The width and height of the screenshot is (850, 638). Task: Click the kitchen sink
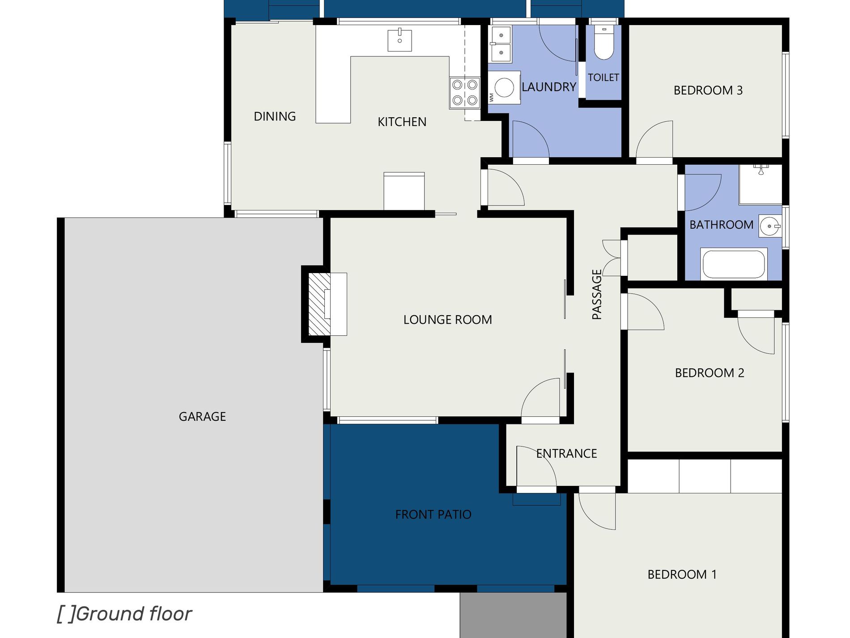click(399, 40)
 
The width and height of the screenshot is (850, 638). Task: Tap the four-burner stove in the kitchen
click(464, 93)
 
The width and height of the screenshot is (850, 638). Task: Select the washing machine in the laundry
click(504, 87)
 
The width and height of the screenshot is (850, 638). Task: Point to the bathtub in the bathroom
click(734, 264)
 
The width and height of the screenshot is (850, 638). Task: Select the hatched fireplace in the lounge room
click(319, 304)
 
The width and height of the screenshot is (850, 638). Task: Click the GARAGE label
click(202, 417)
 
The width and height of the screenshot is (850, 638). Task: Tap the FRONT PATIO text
click(433, 514)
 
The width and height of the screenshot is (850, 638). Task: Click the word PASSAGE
click(597, 294)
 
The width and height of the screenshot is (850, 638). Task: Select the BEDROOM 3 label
click(708, 90)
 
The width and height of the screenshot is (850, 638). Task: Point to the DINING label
click(275, 116)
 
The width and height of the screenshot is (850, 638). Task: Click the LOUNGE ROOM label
click(447, 320)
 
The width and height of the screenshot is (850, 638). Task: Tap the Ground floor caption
click(124, 614)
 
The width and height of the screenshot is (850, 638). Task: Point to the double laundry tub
click(501, 44)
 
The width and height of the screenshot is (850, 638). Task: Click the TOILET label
click(603, 77)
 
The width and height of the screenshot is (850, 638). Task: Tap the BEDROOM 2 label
click(710, 373)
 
